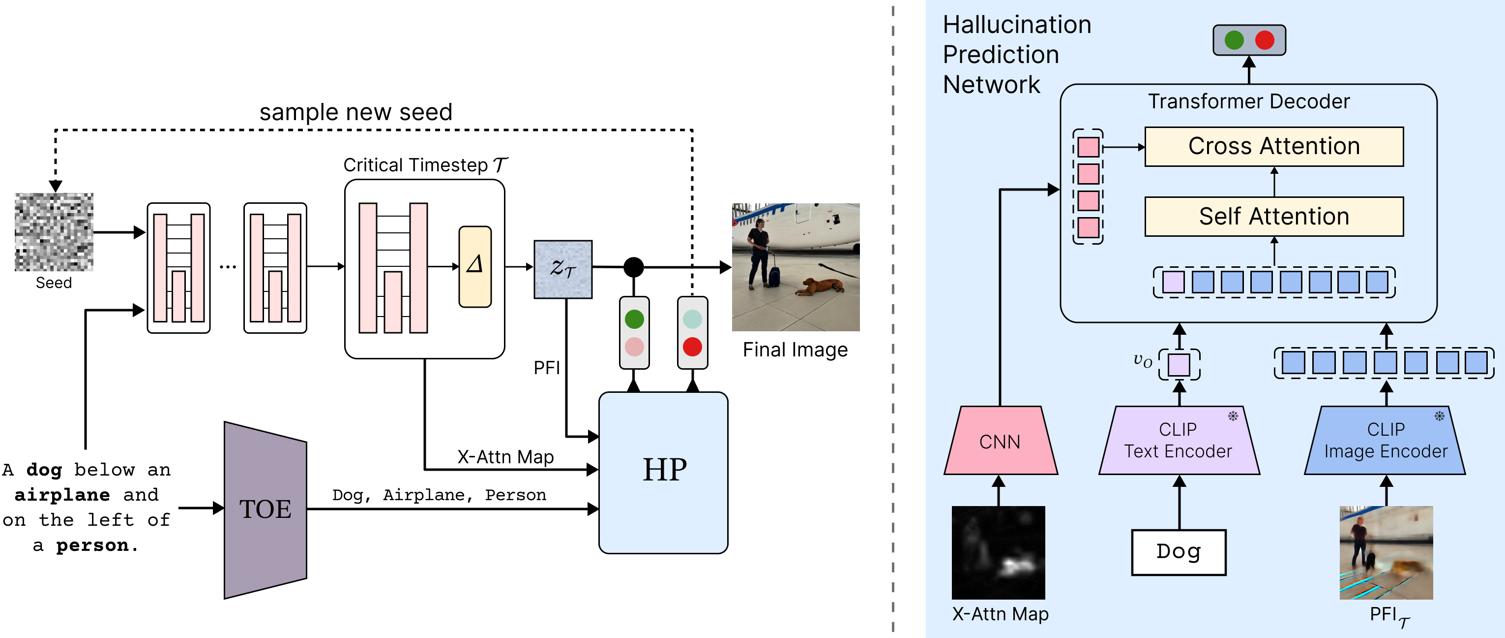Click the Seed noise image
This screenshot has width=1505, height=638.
coord(54,232)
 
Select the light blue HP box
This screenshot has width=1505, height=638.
coord(663,472)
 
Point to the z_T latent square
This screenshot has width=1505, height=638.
coord(562,269)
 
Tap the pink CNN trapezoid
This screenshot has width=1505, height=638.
coord(1000,441)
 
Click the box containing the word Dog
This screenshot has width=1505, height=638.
coord(1179,552)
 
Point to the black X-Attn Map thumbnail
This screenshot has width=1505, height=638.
coord(999,552)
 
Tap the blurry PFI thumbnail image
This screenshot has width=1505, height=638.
coord(1386,552)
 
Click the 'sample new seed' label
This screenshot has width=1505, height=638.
coord(356,112)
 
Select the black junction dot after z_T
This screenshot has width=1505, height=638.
coord(633,267)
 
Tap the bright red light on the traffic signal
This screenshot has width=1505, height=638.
coord(692,346)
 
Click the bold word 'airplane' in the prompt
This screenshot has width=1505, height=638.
coord(62,495)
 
